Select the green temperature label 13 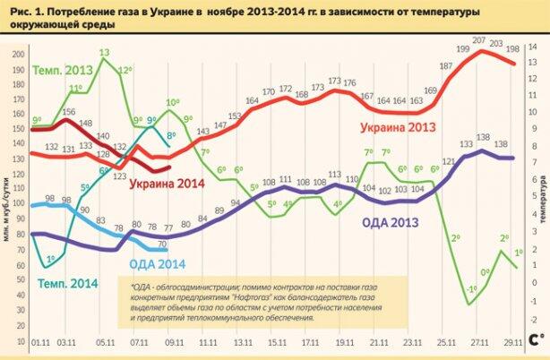pos(104,52)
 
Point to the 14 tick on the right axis pos(532,44)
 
